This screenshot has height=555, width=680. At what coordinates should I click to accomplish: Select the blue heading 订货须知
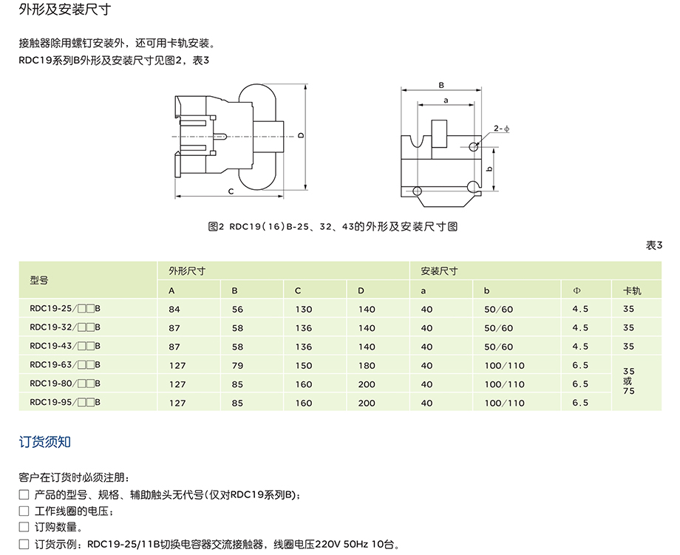coord(44,442)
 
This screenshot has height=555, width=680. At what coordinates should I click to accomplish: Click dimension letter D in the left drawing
coord(302,135)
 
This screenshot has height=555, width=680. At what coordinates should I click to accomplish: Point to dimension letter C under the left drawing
coord(231,191)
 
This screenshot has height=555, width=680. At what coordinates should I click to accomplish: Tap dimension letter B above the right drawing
coord(441,84)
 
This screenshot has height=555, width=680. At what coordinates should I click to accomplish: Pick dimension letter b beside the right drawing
coord(490,169)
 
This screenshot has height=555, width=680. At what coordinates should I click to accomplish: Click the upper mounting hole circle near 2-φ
coord(474,147)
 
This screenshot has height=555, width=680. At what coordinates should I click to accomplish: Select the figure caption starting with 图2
coord(333,227)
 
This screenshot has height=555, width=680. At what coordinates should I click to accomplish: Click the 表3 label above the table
coord(654,246)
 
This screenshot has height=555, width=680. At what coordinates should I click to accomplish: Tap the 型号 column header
coord(38,281)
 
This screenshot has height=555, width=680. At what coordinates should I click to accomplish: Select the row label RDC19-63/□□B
coord(65,365)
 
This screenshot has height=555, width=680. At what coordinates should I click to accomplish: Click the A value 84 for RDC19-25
coord(174,309)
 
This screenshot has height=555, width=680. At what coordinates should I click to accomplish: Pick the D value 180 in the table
coord(367,365)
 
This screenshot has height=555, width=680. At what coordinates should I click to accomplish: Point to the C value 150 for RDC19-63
coord(304,365)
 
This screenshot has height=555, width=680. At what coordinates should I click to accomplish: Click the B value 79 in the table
coord(237,365)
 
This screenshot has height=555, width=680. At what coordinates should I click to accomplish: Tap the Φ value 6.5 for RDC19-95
coord(580,403)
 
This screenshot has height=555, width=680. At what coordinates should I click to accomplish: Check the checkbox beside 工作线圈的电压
coord(24,511)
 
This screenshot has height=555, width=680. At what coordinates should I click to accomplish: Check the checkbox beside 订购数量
coord(24,528)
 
